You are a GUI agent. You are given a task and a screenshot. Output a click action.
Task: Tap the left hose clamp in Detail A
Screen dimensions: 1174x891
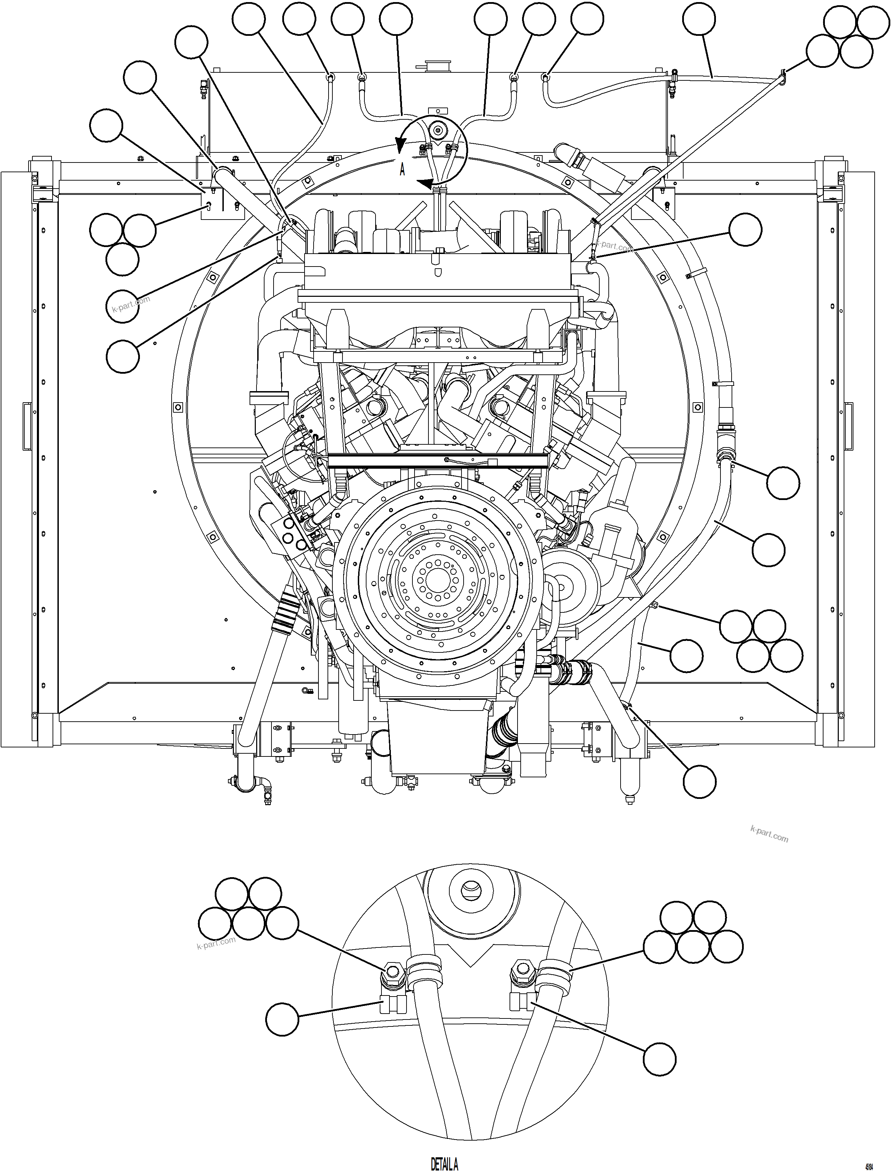coord(424,971)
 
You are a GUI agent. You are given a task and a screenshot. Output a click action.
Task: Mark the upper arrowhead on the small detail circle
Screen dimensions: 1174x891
coord(400,144)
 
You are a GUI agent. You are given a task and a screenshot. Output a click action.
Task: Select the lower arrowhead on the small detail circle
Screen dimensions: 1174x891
coord(425,184)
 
